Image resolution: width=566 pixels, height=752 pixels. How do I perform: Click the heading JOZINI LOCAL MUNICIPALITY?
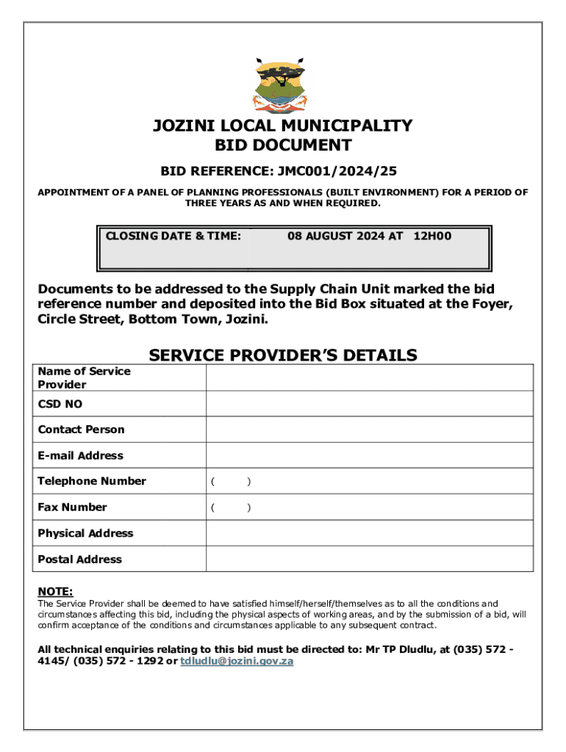(283, 126)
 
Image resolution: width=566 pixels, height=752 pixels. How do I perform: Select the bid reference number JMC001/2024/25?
(338, 171)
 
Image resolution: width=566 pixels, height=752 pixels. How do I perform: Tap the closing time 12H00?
(433, 236)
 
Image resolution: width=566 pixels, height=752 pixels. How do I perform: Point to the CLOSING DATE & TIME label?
(173, 236)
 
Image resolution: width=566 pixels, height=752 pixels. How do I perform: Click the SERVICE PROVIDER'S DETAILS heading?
(283, 355)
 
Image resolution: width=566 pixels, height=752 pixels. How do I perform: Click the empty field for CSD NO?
(369, 404)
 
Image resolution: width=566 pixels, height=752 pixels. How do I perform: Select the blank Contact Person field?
(369, 430)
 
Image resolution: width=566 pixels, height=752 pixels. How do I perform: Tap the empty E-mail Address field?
(369, 455)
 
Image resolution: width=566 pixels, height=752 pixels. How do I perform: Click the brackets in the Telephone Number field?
(231, 482)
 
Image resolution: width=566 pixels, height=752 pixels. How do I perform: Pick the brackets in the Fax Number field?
(231, 507)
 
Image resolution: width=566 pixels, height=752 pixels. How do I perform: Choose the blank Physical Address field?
(369, 533)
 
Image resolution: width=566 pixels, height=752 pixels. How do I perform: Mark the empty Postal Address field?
(369, 559)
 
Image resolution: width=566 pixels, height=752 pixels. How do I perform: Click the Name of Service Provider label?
(84, 377)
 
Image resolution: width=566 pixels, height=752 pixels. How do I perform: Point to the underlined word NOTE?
(55, 592)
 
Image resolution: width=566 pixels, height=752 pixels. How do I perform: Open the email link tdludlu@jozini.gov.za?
(237, 661)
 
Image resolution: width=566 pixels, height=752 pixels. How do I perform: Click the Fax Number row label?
(72, 507)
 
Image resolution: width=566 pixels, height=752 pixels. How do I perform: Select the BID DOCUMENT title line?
(283, 145)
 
